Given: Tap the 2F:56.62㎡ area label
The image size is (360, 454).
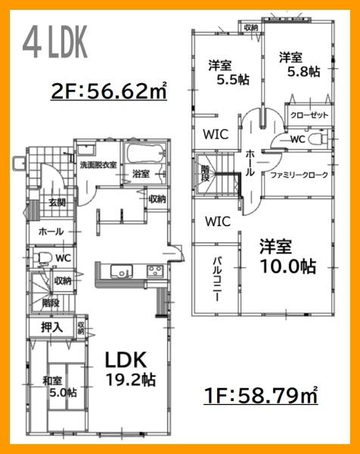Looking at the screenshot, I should pyautogui.click(x=109, y=92).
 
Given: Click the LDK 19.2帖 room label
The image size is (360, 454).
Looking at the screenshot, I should pyautogui.click(x=129, y=368).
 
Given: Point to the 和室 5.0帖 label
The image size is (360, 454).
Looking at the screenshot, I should pyautogui.click(x=54, y=386).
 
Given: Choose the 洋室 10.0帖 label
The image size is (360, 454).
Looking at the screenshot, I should pyautogui.click(x=287, y=257).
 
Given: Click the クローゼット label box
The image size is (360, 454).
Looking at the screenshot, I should pyautogui.click(x=309, y=116).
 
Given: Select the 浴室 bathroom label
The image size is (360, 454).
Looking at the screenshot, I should pyautogui.click(x=140, y=174).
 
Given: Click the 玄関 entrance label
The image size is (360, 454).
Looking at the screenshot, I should pyautogui.click(x=57, y=202).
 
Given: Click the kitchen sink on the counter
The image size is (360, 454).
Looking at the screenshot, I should pyautogui.click(x=121, y=272).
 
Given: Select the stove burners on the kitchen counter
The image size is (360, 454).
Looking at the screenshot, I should pyautogui.click(x=154, y=272).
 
